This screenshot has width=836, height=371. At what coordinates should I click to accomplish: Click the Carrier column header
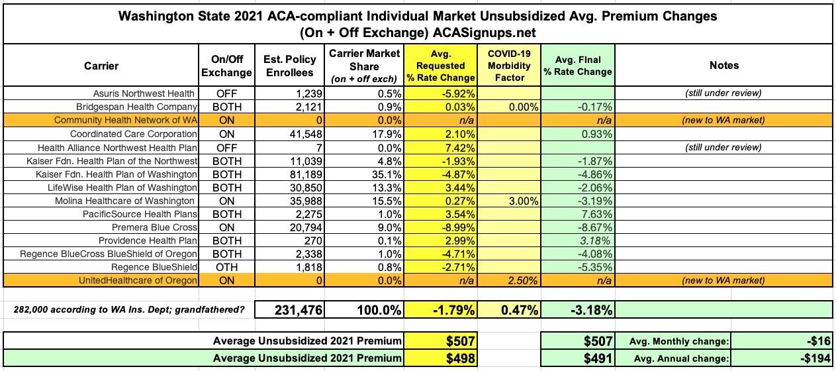click(x=101, y=66)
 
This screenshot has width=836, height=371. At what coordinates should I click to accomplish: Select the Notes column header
click(x=723, y=66)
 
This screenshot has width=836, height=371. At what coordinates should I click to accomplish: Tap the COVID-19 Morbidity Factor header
click(x=509, y=66)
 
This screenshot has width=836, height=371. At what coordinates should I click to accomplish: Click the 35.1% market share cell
click(x=387, y=174)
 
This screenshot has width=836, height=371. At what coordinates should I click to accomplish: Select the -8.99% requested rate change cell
click(x=457, y=227)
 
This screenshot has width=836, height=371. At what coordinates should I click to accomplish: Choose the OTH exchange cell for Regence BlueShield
click(x=226, y=267)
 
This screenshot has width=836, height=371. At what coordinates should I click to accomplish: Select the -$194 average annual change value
click(x=815, y=358)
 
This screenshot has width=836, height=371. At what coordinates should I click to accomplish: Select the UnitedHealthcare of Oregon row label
click(x=138, y=280)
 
